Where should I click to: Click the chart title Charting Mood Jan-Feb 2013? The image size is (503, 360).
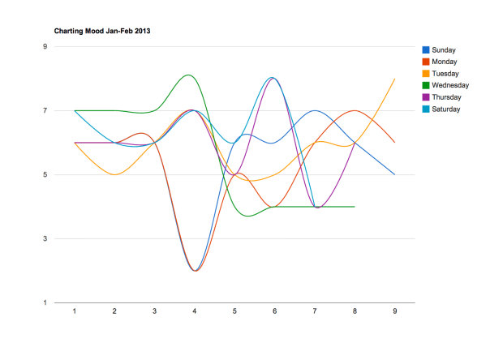tap(102, 31)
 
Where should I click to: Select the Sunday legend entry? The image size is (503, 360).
tap(445, 50)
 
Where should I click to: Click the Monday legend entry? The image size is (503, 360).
tap(445, 62)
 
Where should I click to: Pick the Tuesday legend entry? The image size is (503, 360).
tap(445, 74)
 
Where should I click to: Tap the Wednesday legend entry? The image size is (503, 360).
tap(450, 85)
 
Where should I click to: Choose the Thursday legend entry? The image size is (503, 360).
tap(447, 97)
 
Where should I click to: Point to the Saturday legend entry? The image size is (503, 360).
tap(447, 109)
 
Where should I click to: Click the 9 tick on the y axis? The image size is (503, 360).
tap(45, 46)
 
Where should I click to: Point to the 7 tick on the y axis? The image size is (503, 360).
tap(45, 110)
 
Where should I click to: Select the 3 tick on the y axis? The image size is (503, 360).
tap(45, 239)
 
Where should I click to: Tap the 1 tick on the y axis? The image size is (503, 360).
tap(45, 303)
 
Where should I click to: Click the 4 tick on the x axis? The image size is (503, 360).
tap(195, 311)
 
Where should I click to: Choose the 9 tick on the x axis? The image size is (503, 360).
tap(395, 311)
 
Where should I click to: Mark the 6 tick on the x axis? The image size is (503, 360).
tap(275, 311)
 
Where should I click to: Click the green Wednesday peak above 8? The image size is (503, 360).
tap(189, 75)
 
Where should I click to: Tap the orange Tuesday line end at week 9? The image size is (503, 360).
tap(395, 79)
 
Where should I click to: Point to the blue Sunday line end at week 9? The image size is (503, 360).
tap(395, 174)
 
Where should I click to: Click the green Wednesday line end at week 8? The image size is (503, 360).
tap(355, 207)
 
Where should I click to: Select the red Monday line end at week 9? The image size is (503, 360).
tap(395, 143)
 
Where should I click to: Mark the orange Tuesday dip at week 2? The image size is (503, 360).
tap(114, 174)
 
